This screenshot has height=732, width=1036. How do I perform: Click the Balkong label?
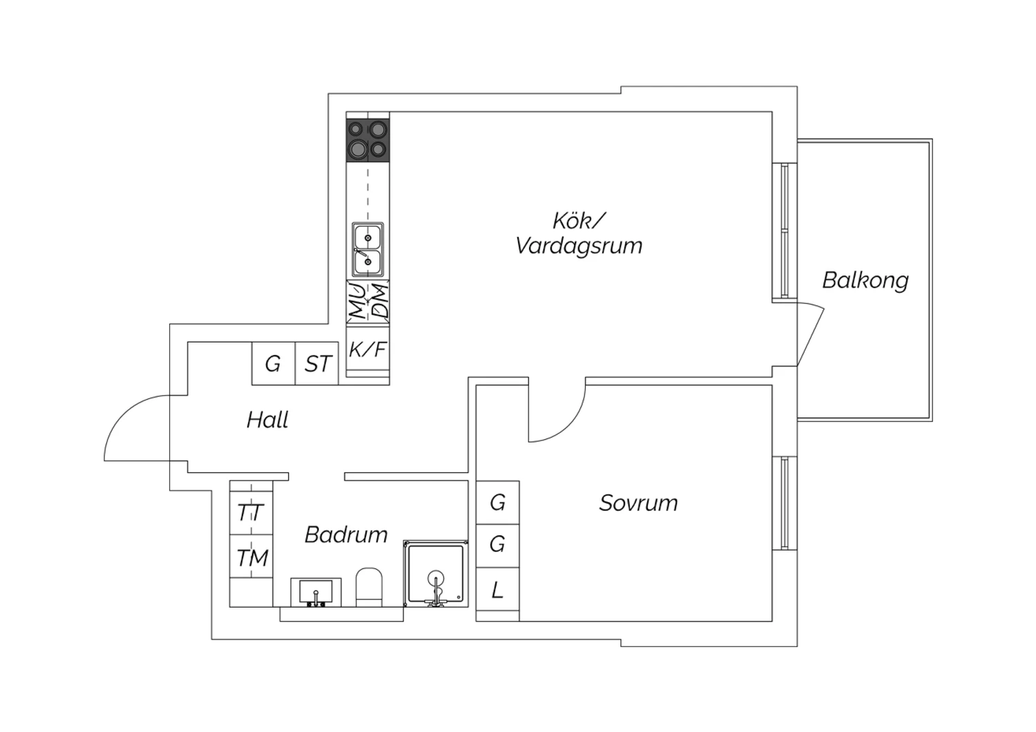(x=865, y=281)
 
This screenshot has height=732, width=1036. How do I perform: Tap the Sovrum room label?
(x=638, y=503)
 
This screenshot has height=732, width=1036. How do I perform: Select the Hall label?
(x=267, y=420)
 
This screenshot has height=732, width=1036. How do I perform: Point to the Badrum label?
(x=346, y=535)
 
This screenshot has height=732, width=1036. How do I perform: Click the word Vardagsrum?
(x=579, y=246)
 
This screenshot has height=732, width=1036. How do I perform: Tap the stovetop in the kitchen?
(x=367, y=140)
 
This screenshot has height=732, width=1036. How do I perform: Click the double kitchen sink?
(x=367, y=249)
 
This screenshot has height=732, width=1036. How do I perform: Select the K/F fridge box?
(x=367, y=349)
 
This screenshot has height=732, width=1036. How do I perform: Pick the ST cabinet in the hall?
(x=317, y=363)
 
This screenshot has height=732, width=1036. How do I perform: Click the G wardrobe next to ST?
(x=274, y=363)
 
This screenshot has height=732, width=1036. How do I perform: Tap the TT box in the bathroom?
(x=251, y=512)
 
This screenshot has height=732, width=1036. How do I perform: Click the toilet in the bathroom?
(x=369, y=587)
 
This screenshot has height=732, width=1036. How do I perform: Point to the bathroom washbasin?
(x=316, y=593)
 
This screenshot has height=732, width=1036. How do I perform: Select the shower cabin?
(x=436, y=573)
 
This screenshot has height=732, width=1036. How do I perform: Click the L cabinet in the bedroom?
(x=497, y=589)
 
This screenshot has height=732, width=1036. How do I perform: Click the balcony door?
(x=811, y=334)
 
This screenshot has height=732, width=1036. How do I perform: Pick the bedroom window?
(x=785, y=503)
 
